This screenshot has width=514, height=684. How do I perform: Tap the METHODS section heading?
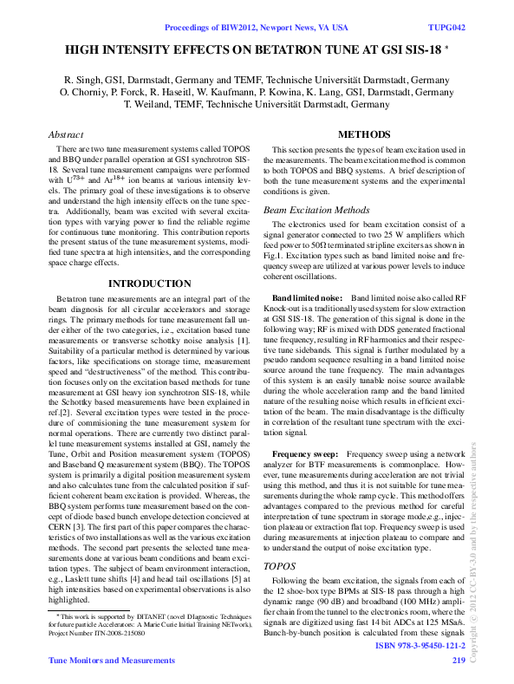pyautogui.click(x=364, y=134)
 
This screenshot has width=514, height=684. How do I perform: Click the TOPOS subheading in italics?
pyautogui.click(x=278, y=564)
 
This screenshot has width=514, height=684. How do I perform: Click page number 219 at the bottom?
pyautogui.click(x=459, y=661)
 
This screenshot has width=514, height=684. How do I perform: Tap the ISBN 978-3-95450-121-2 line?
pyautogui.click(x=420, y=647)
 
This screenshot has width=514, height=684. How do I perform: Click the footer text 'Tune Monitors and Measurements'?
pyautogui.click(x=111, y=661)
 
